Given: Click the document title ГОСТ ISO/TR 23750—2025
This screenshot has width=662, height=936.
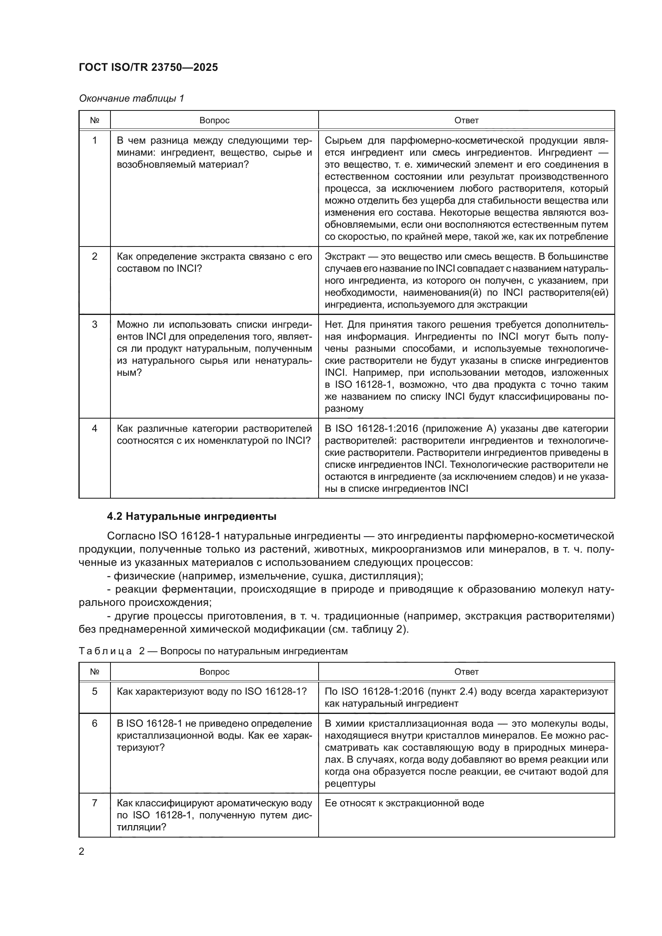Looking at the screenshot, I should pyautogui.click(x=148, y=67).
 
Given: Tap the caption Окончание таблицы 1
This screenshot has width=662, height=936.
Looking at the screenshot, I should pyautogui.click(x=132, y=98).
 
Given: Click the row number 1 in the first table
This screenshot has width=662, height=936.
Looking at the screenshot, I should pyautogui.click(x=94, y=140).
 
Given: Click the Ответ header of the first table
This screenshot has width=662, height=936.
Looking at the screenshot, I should pyautogui.click(x=466, y=120).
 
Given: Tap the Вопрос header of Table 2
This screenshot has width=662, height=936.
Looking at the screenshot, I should pyautogui.click(x=215, y=671).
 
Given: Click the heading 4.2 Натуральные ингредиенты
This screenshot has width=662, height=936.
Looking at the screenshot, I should pyautogui.click(x=192, y=516).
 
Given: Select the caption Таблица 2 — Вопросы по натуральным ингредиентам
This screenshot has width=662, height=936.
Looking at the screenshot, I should pyautogui.click(x=213, y=651).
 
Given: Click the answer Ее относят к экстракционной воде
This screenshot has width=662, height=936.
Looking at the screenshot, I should pyautogui.click(x=404, y=803).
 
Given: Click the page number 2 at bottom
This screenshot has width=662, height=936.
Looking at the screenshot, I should pyautogui.click(x=82, y=851).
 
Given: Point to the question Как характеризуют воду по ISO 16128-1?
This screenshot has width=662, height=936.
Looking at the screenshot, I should pyautogui.click(x=212, y=691).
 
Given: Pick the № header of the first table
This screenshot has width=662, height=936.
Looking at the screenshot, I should pyautogui.click(x=94, y=120).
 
